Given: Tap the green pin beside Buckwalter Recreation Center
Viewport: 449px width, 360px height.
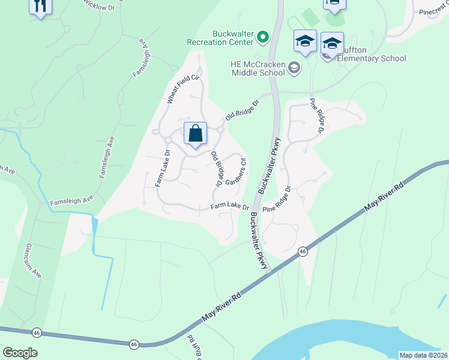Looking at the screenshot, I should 262,38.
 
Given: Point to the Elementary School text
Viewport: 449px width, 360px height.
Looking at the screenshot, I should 372,59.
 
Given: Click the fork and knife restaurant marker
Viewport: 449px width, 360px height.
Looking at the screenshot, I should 40,7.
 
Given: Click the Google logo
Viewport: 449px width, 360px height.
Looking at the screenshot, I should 20,352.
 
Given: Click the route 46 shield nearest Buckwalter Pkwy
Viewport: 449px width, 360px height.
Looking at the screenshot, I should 303,251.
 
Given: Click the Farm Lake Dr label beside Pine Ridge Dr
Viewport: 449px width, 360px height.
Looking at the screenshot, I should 229,206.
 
